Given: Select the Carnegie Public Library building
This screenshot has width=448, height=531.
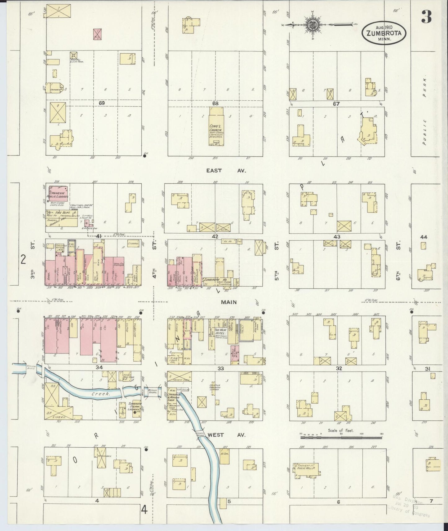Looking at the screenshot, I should (57, 194).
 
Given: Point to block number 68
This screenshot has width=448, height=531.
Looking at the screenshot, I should (215, 103).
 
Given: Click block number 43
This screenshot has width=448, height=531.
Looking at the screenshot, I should (337, 237).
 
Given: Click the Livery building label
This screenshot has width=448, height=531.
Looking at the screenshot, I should (59, 417).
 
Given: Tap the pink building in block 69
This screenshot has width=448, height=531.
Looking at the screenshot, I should (98, 34).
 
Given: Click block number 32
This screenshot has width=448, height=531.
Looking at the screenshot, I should (339, 368).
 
